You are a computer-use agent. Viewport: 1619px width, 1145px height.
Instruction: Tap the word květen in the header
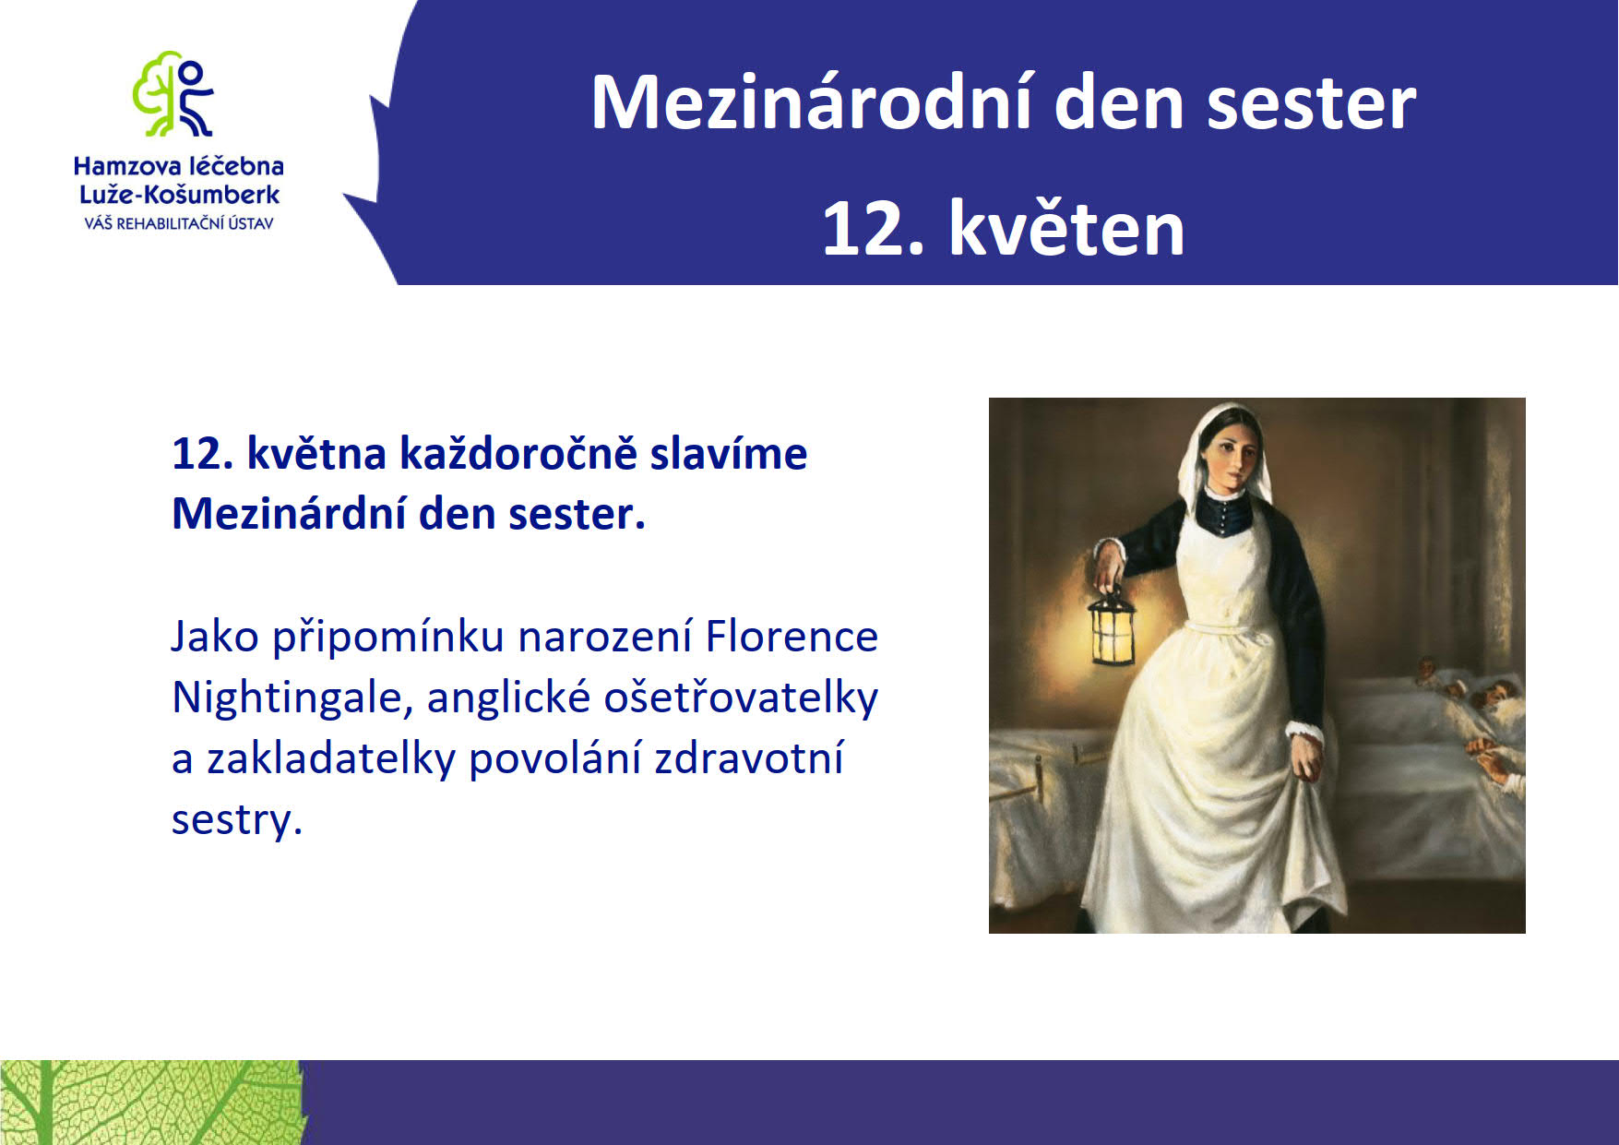click(1066, 228)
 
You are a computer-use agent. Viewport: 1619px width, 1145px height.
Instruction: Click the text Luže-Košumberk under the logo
click(179, 195)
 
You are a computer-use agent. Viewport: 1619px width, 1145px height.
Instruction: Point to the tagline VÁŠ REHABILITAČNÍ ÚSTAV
click(179, 223)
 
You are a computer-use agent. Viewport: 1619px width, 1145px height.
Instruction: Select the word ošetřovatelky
click(741, 698)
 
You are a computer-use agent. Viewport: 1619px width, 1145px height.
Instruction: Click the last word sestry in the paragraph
click(237, 819)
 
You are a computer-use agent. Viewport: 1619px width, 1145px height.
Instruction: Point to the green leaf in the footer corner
click(152, 1103)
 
